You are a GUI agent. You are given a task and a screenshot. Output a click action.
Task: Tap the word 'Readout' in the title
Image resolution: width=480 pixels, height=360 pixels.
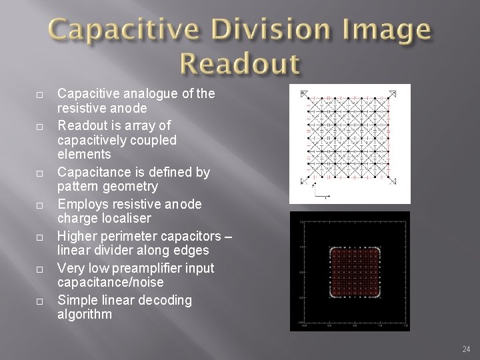(239, 65)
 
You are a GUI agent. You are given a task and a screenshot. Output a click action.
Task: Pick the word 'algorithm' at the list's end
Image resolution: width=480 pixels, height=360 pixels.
(85, 313)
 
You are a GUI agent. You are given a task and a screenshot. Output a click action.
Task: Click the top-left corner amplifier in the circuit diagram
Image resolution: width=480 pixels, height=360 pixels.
(304, 93)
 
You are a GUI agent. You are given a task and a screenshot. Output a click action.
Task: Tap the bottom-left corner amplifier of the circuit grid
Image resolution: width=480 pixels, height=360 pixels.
(304, 181)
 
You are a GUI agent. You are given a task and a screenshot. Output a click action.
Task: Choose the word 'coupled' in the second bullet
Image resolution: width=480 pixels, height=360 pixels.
(151, 141)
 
